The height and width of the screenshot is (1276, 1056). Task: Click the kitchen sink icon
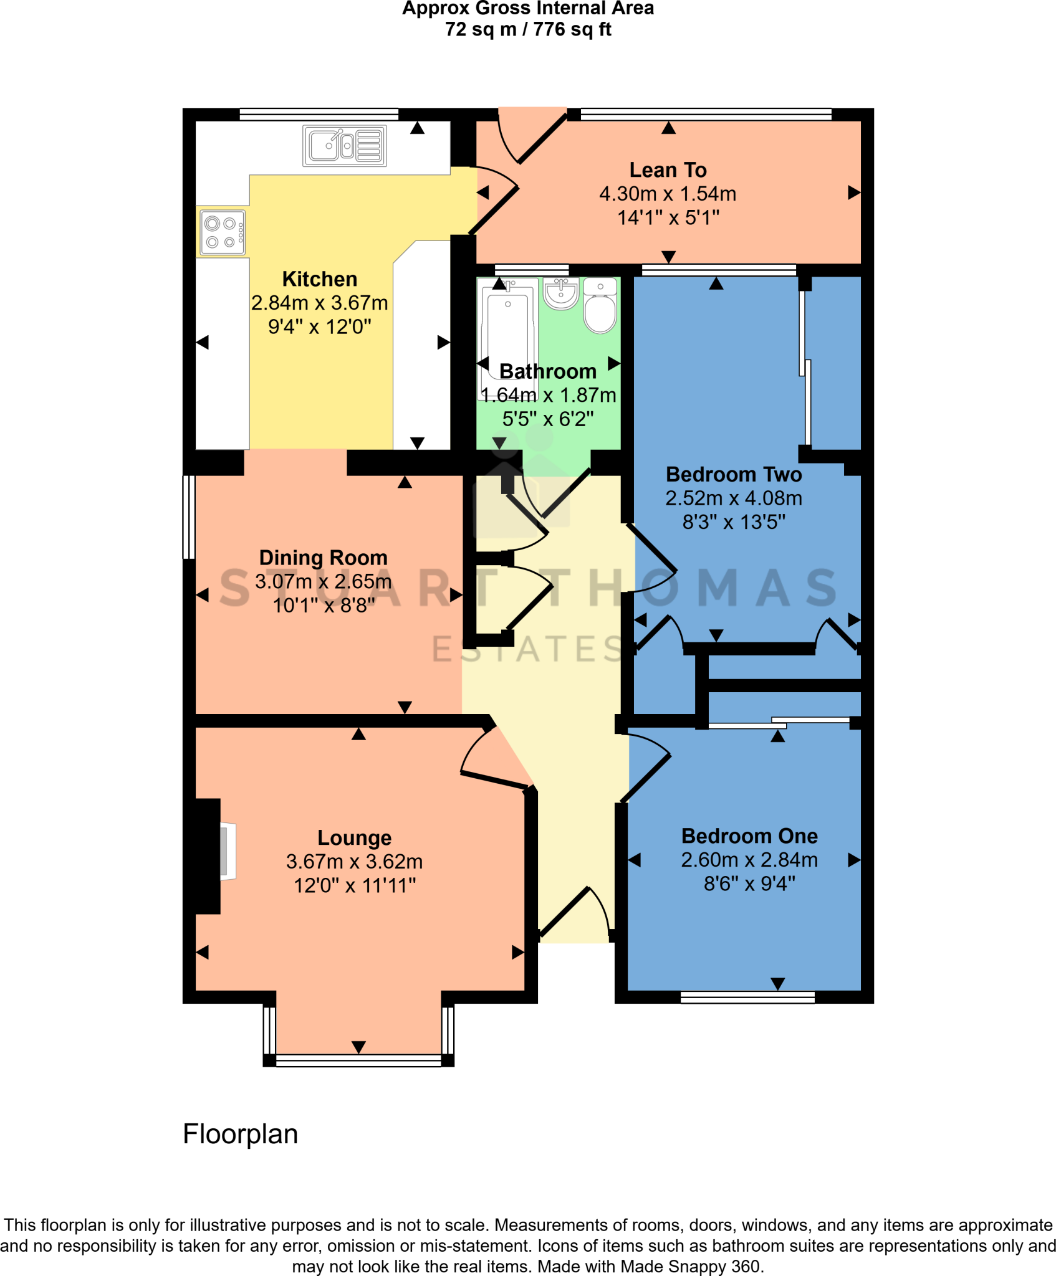pyautogui.click(x=344, y=146)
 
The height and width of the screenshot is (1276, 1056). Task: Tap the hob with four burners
pyautogui.click(x=223, y=233)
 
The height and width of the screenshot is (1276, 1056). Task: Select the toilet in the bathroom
pyautogui.click(x=600, y=307)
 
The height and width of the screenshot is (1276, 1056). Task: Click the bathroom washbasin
pyautogui.click(x=560, y=293)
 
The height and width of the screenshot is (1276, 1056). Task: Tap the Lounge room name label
pyautogui.click(x=354, y=837)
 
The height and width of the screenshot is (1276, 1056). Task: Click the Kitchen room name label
pyautogui.click(x=319, y=279)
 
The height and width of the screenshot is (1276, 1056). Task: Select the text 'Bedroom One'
pyautogui.click(x=749, y=836)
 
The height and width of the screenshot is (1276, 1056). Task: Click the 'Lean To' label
pyautogui.click(x=668, y=169)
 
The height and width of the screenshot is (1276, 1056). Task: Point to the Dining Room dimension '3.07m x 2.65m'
pyautogui.click(x=323, y=581)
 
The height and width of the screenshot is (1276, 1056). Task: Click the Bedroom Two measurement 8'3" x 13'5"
pyautogui.click(x=733, y=521)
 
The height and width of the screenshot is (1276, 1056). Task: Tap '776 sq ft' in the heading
pyautogui.click(x=572, y=29)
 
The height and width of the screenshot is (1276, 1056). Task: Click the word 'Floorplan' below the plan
pyautogui.click(x=240, y=1134)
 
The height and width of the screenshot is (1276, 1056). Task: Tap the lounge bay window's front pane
pyautogui.click(x=358, y=1060)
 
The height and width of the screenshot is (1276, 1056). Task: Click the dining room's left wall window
pyautogui.click(x=188, y=517)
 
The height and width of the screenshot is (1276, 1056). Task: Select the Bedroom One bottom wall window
pyautogui.click(x=747, y=997)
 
